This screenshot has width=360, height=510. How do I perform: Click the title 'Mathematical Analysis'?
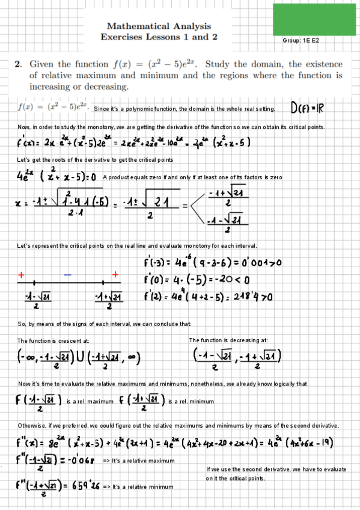coord(159,26)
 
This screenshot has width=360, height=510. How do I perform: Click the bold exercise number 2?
coord(19,64)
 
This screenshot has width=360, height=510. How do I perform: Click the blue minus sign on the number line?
coord(68,274)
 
